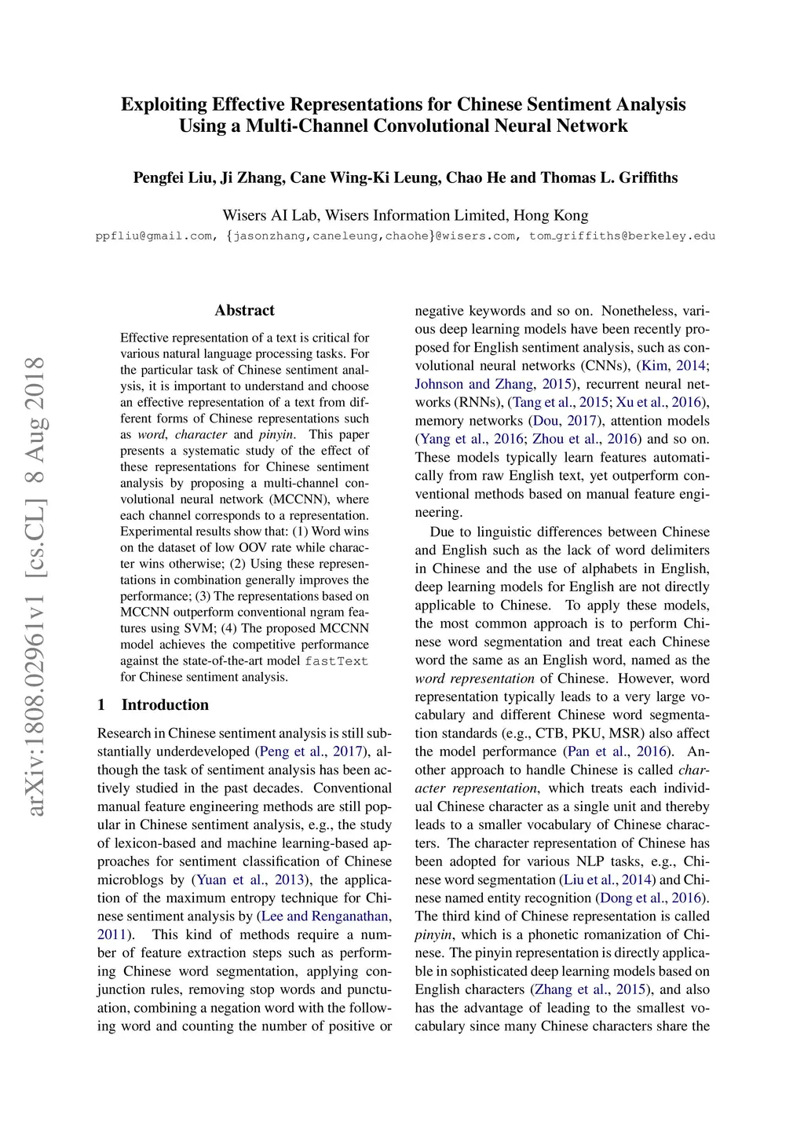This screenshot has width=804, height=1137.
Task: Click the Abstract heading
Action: [244, 310]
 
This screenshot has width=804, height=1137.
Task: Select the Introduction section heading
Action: [165, 704]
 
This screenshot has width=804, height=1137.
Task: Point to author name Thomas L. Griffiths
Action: [609, 177]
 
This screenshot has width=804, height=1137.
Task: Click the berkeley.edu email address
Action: [623, 236]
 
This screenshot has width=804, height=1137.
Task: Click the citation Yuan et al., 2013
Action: [252, 879]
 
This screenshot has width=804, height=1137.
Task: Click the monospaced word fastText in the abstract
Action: [336, 661]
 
